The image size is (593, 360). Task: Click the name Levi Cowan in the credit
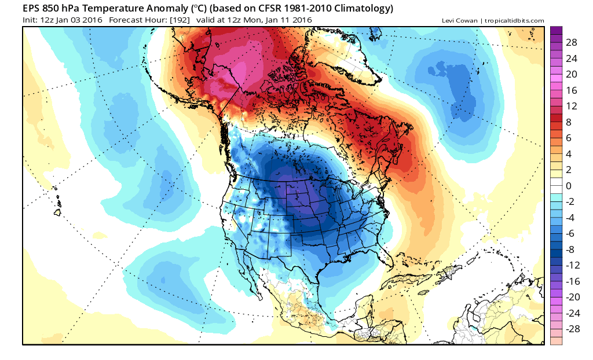coord(459,21)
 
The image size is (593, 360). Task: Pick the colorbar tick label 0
coord(569,186)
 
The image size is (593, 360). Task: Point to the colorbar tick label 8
coord(569,122)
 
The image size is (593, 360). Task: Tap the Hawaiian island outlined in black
coord(57,213)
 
